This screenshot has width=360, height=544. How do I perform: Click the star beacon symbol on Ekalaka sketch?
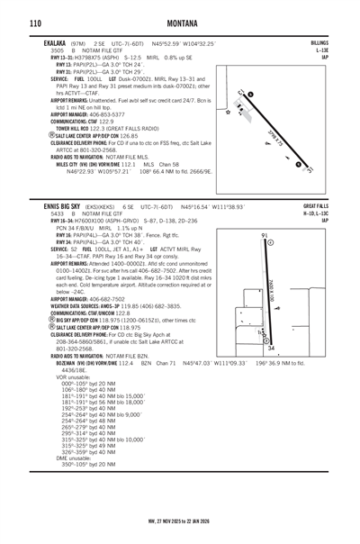229,113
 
